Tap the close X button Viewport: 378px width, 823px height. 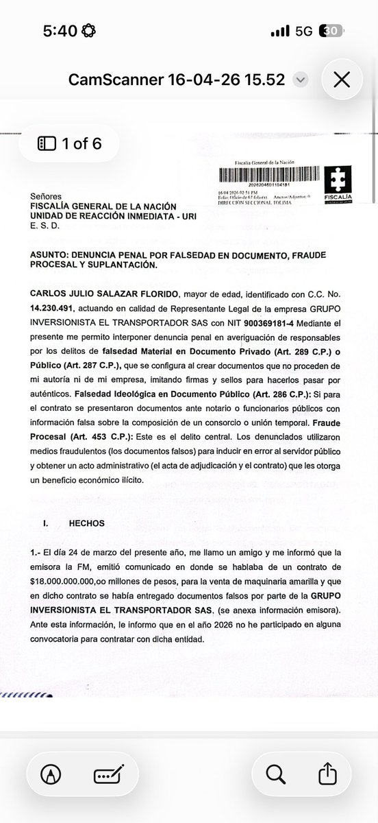(x=340, y=80)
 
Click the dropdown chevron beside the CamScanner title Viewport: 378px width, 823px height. (x=299, y=80)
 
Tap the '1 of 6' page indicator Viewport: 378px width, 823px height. (x=69, y=143)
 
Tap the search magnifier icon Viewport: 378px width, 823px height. (x=275, y=774)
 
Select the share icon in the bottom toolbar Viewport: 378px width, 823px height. (x=327, y=774)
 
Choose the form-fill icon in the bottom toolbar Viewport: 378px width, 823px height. (x=107, y=774)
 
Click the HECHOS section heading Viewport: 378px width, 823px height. (x=86, y=523)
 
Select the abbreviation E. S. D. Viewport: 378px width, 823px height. (x=45, y=225)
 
